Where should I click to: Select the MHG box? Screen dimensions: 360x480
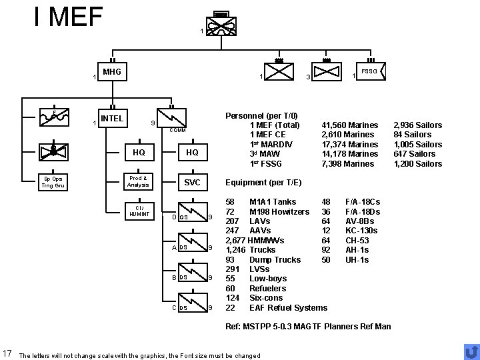pos(111,71)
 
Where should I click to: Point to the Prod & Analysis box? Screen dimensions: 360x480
pos(138,181)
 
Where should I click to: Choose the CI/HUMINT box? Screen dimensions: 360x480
pos(138,212)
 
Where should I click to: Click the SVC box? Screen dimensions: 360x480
pos(192,183)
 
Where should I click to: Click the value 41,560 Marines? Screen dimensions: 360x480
pos(350,125)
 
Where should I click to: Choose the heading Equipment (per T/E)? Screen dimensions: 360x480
pos(264,182)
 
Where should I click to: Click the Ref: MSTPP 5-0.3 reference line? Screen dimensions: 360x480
pos(309,326)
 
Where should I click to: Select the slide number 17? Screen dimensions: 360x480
pos(8,353)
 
